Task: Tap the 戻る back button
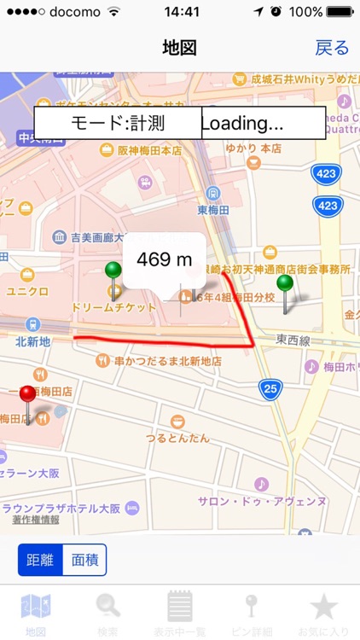coord(332,48)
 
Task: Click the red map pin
coord(28,394)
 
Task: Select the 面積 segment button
coord(85,560)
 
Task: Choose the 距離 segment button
coord(40,560)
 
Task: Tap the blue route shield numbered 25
coord(270,389)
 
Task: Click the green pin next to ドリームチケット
coord(113,272)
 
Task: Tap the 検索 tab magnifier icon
coord(107,607)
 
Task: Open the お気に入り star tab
coord(323,607)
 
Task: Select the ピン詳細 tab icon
coord(252,607)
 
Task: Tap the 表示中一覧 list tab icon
coord(179,607)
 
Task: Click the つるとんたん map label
coord(177,438)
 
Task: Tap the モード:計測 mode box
coord(118,123)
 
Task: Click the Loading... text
coord(242,123)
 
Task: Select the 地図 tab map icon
coord(36,607)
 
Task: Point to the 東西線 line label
coord(292,340)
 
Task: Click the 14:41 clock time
coord(180,13)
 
